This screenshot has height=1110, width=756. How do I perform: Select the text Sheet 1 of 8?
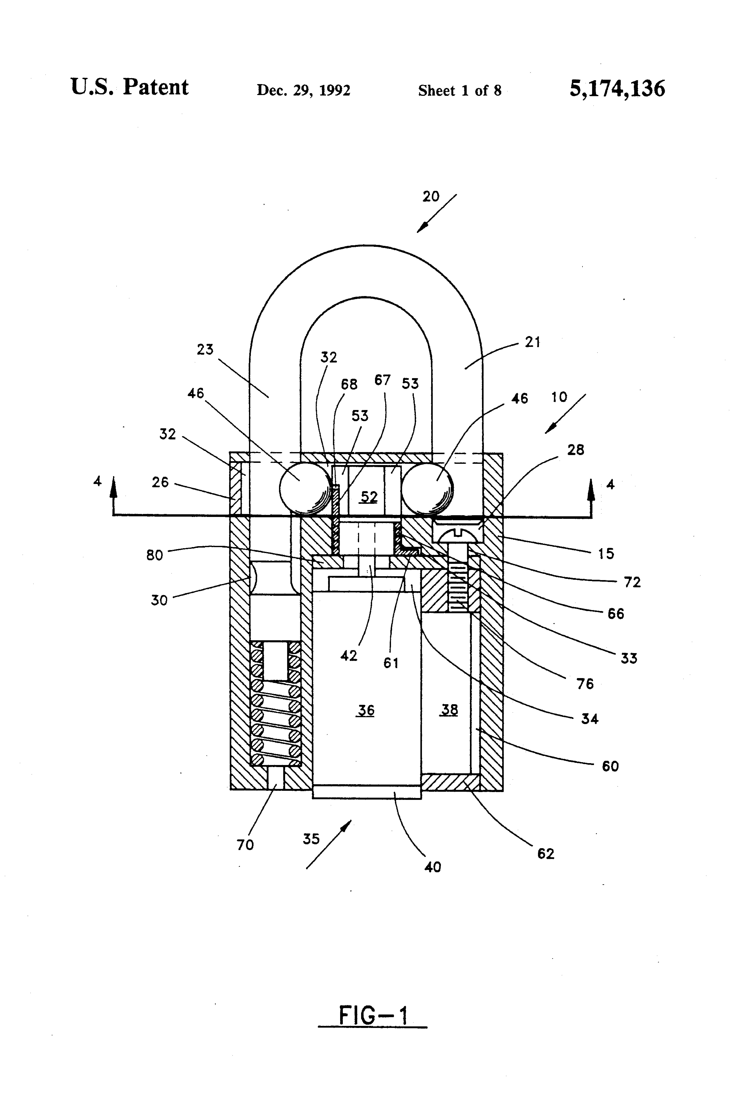point(460,90)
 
